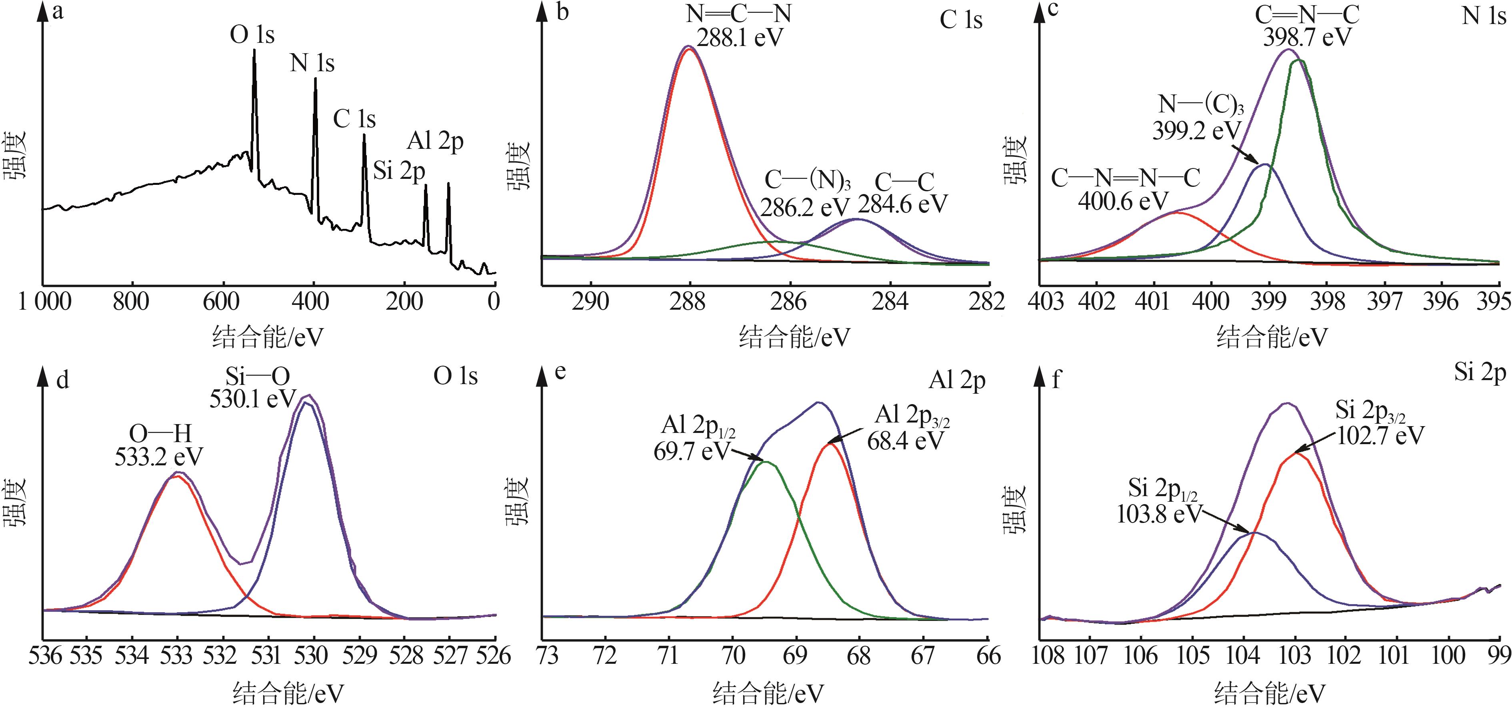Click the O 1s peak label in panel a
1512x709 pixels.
[x=252, y=35]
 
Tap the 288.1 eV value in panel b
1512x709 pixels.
[x=740, y=38]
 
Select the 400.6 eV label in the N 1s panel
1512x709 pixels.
[x=1123, y=201]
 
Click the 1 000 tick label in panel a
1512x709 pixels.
[x=45, y=302]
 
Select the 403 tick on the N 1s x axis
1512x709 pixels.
[x=1046, y=302]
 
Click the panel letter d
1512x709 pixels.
[x=62, y=381]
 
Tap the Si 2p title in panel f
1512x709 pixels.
[x=1480, y=373]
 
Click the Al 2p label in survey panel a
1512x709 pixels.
[x=435, y=142]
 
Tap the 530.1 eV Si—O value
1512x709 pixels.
[x=253, y=399]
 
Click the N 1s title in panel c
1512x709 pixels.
[x=1483, y=16]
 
